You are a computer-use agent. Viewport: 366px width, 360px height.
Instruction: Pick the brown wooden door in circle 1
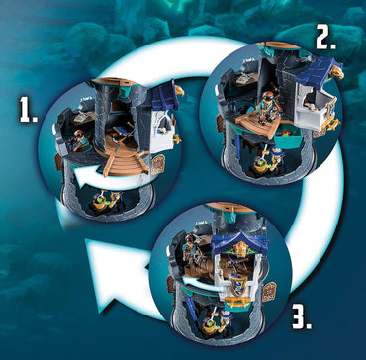[155, 163]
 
